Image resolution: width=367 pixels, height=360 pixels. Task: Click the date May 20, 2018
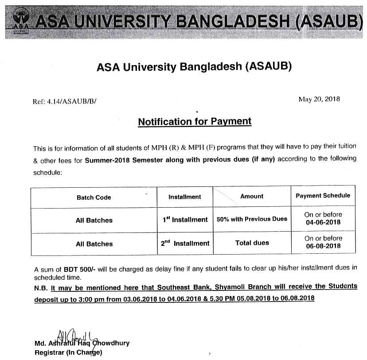(319, 99)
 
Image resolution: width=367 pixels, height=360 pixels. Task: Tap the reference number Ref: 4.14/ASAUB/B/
(64, 101)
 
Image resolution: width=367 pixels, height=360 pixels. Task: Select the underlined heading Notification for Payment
(195, 121)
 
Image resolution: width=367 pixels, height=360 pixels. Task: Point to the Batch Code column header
(94, 197)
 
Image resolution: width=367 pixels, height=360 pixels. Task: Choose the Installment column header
(185, 197)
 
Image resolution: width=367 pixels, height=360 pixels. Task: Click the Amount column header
(252, 196)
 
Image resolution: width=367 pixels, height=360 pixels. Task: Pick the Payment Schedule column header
(323, 195)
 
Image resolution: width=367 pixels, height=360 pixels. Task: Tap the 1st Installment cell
(185, 219)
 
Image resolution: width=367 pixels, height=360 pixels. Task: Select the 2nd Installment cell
(185, 243)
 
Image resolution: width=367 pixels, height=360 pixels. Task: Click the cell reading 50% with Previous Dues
(252, 219)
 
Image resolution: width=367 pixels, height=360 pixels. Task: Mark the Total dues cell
(252, 243)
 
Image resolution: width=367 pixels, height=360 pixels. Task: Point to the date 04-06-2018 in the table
(323, 222)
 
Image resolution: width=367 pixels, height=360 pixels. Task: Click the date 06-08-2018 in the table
(323, 246)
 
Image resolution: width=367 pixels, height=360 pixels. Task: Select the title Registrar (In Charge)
(69, 352)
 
